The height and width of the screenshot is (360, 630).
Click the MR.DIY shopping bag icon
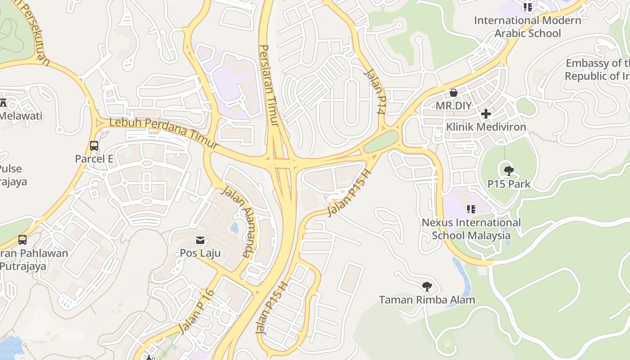(x=454, y=93)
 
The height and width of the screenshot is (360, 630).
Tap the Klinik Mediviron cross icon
(x=486, y=114)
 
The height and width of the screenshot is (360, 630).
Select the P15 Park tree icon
(x=509, y=171)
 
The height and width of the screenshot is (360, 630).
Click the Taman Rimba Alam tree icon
(x=427, y=286)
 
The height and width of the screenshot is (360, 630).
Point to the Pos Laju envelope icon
(x=200, y=240)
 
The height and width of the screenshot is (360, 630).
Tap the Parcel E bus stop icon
(x=94, y=146)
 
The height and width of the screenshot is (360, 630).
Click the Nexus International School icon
(x=471, y=209)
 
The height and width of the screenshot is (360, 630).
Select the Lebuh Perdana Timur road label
(x=164, y=133)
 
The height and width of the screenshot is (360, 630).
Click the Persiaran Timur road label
(x=269, y=85)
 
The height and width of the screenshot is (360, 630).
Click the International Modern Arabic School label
(x=527, y=27)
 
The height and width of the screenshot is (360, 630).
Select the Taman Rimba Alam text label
(x=427, y=300)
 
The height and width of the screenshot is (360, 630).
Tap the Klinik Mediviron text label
(x=486, y=127)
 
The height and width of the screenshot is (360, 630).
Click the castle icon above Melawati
(x=4, y=103)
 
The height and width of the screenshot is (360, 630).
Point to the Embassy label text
(x=597, y=69)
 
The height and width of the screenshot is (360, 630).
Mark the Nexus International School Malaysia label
(x=471, y=229)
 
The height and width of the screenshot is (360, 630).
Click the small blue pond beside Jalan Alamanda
(x=234, y=228)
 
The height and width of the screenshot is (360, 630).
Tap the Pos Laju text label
(x=200, y=253)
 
